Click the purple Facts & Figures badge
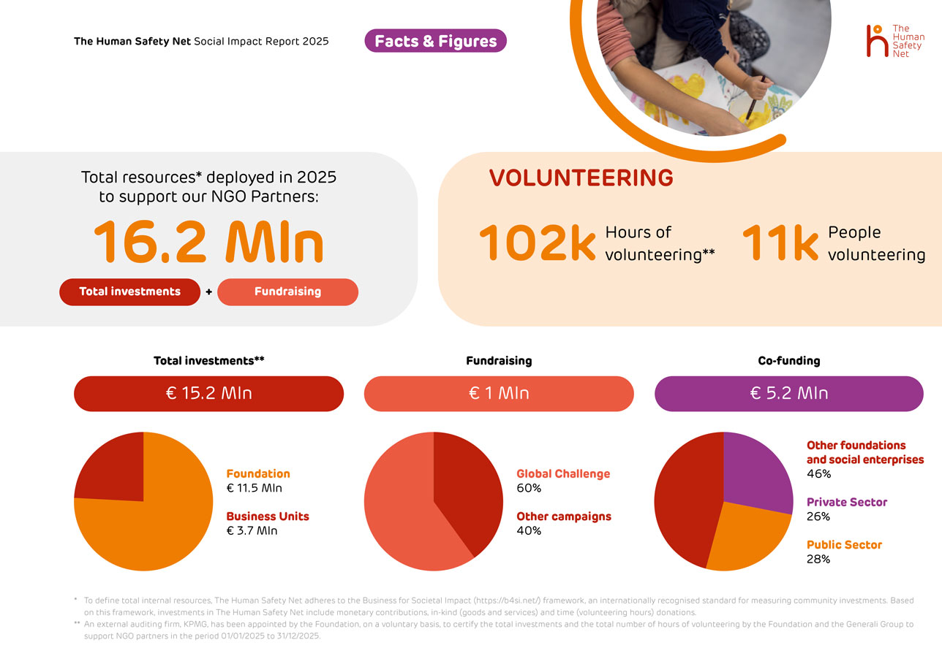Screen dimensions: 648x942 tap(435, 41)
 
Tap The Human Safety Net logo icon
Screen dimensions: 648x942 tap(875, 40)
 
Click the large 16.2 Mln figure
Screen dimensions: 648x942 tap(208, 241)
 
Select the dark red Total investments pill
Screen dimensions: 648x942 tap(129, 291)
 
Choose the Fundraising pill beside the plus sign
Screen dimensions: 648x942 tap(287, 291)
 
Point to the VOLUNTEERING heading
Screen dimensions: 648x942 tap(581, 178)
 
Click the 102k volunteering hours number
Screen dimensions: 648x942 tap(538, 243)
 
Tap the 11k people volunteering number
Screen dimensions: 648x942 tap(780, 243)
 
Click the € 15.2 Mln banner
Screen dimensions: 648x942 tap(208, 393)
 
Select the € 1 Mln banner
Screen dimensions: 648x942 tap(499, 393)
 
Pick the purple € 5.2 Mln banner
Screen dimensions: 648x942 tap(789, 393)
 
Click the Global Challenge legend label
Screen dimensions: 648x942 tap(563, 474)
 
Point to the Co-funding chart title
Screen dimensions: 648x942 tap(789, 361)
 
